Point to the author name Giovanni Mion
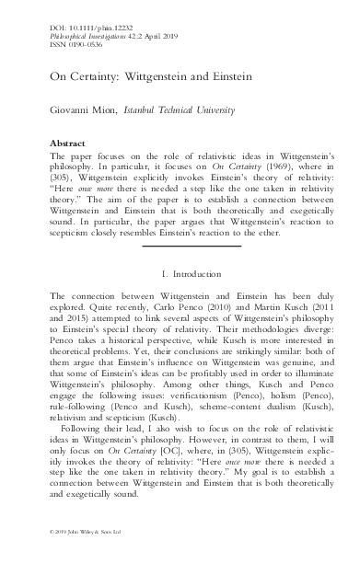point(86,107)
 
